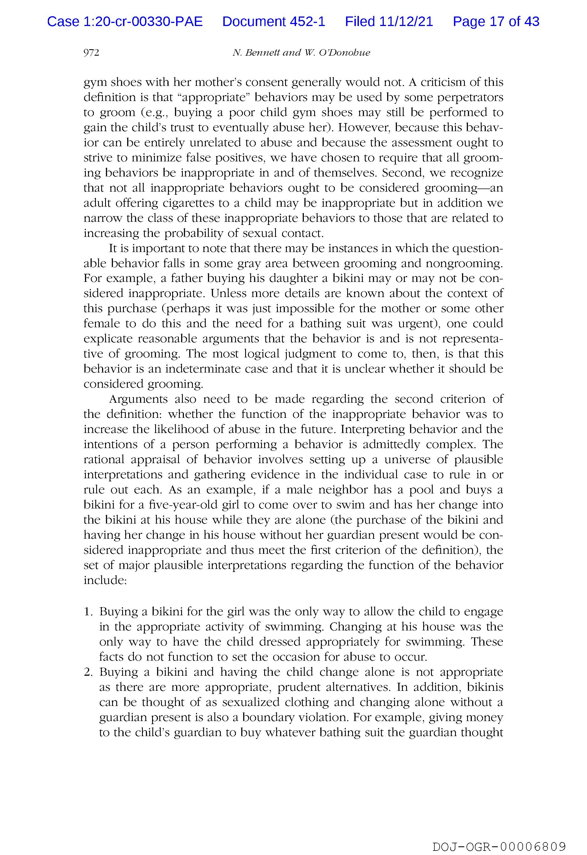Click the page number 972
91,53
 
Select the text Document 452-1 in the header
274,22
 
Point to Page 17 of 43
496,22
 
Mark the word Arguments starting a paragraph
138,399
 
